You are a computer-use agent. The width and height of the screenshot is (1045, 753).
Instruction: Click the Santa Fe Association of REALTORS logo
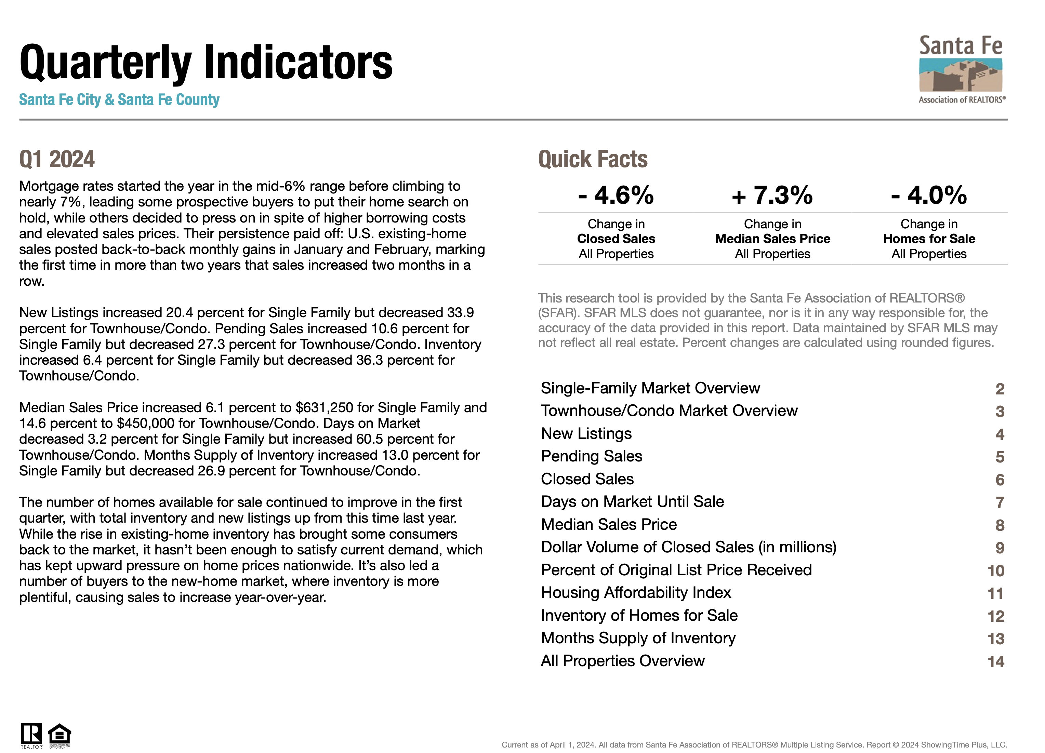961,69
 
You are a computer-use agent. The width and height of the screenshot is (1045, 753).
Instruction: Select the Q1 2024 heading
57,159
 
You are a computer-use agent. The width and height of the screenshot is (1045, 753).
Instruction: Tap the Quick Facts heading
593,159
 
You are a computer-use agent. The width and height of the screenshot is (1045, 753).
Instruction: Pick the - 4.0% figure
929,195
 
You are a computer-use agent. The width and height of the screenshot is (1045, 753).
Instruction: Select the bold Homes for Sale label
929,239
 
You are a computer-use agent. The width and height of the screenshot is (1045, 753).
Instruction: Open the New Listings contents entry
586,433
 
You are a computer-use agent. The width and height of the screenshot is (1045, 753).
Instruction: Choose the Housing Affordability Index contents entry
636,593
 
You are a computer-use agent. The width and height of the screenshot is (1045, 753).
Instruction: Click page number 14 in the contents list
996,662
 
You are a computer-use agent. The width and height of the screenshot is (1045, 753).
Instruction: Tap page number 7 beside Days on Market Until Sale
1000,502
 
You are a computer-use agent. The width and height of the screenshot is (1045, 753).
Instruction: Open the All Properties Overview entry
622,661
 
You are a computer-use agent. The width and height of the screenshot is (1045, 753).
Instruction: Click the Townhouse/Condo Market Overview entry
669,411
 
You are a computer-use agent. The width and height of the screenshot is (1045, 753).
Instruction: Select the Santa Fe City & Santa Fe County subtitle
119,99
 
